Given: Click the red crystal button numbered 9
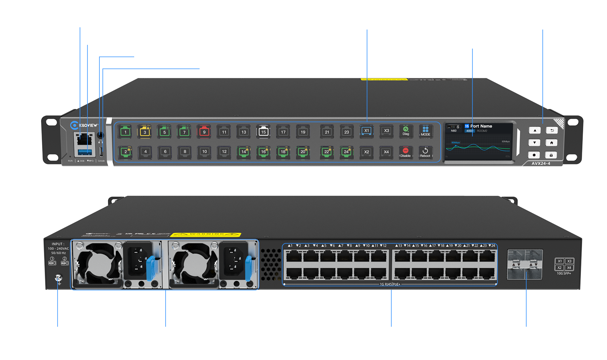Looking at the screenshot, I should point(204,132).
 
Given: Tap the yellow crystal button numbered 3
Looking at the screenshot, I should point(145,132).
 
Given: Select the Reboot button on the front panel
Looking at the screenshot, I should point(425,152).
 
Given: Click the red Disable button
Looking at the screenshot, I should point(406,152).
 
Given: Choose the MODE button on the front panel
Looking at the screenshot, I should point(425,131).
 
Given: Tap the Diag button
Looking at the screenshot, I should point(406,131).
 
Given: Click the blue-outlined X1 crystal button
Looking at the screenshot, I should point(367,131).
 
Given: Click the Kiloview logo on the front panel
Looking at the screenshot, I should point(84,125).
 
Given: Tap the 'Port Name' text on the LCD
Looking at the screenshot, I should point(481,126).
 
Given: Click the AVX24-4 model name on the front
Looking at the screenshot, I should point(541,163).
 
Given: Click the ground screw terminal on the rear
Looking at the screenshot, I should point(58,278).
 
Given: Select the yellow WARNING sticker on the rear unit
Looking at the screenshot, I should point(206,235).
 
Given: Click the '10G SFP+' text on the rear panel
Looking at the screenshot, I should point(564,274).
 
